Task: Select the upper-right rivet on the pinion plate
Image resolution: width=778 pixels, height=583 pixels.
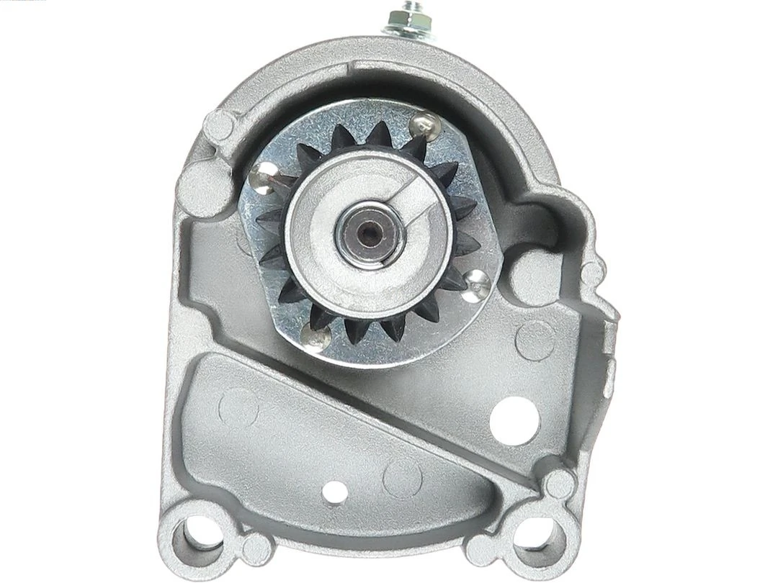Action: pyautogui.click(x=424, y=125)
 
